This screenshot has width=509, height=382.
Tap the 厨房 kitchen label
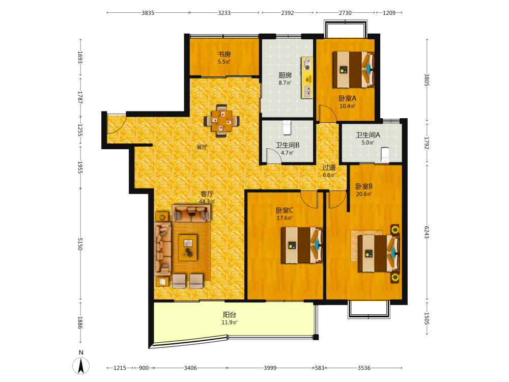(285, 75)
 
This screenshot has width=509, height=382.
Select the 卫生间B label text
(287, 145)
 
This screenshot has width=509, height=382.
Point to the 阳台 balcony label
(230, 315)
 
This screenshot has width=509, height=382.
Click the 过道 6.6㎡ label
(329, 171)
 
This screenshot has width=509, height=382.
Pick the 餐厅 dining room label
(202, 147)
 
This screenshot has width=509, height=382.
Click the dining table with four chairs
(222, 121)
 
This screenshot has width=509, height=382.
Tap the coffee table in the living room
(188, 248)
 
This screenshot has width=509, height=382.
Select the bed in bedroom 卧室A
(353, 69)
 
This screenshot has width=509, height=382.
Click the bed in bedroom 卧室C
(301, 245)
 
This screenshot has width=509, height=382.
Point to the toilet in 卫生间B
(287, 128)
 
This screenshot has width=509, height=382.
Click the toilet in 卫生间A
(385, 155)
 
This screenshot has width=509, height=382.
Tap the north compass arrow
(81, 366)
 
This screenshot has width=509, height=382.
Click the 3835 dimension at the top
(148, 13)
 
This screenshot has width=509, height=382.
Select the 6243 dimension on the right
(427, 232)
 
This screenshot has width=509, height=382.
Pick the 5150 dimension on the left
(80, 244)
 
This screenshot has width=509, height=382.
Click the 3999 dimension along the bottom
(270, 368)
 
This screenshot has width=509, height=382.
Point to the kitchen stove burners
(307, 63)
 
